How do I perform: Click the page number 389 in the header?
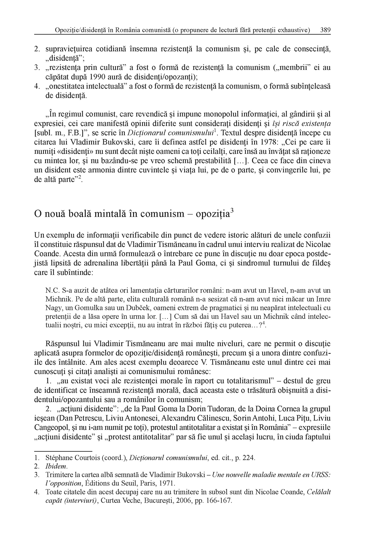pos(325,30)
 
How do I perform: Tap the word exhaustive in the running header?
pos(294,30)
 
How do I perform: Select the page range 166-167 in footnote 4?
pos(219,501)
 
